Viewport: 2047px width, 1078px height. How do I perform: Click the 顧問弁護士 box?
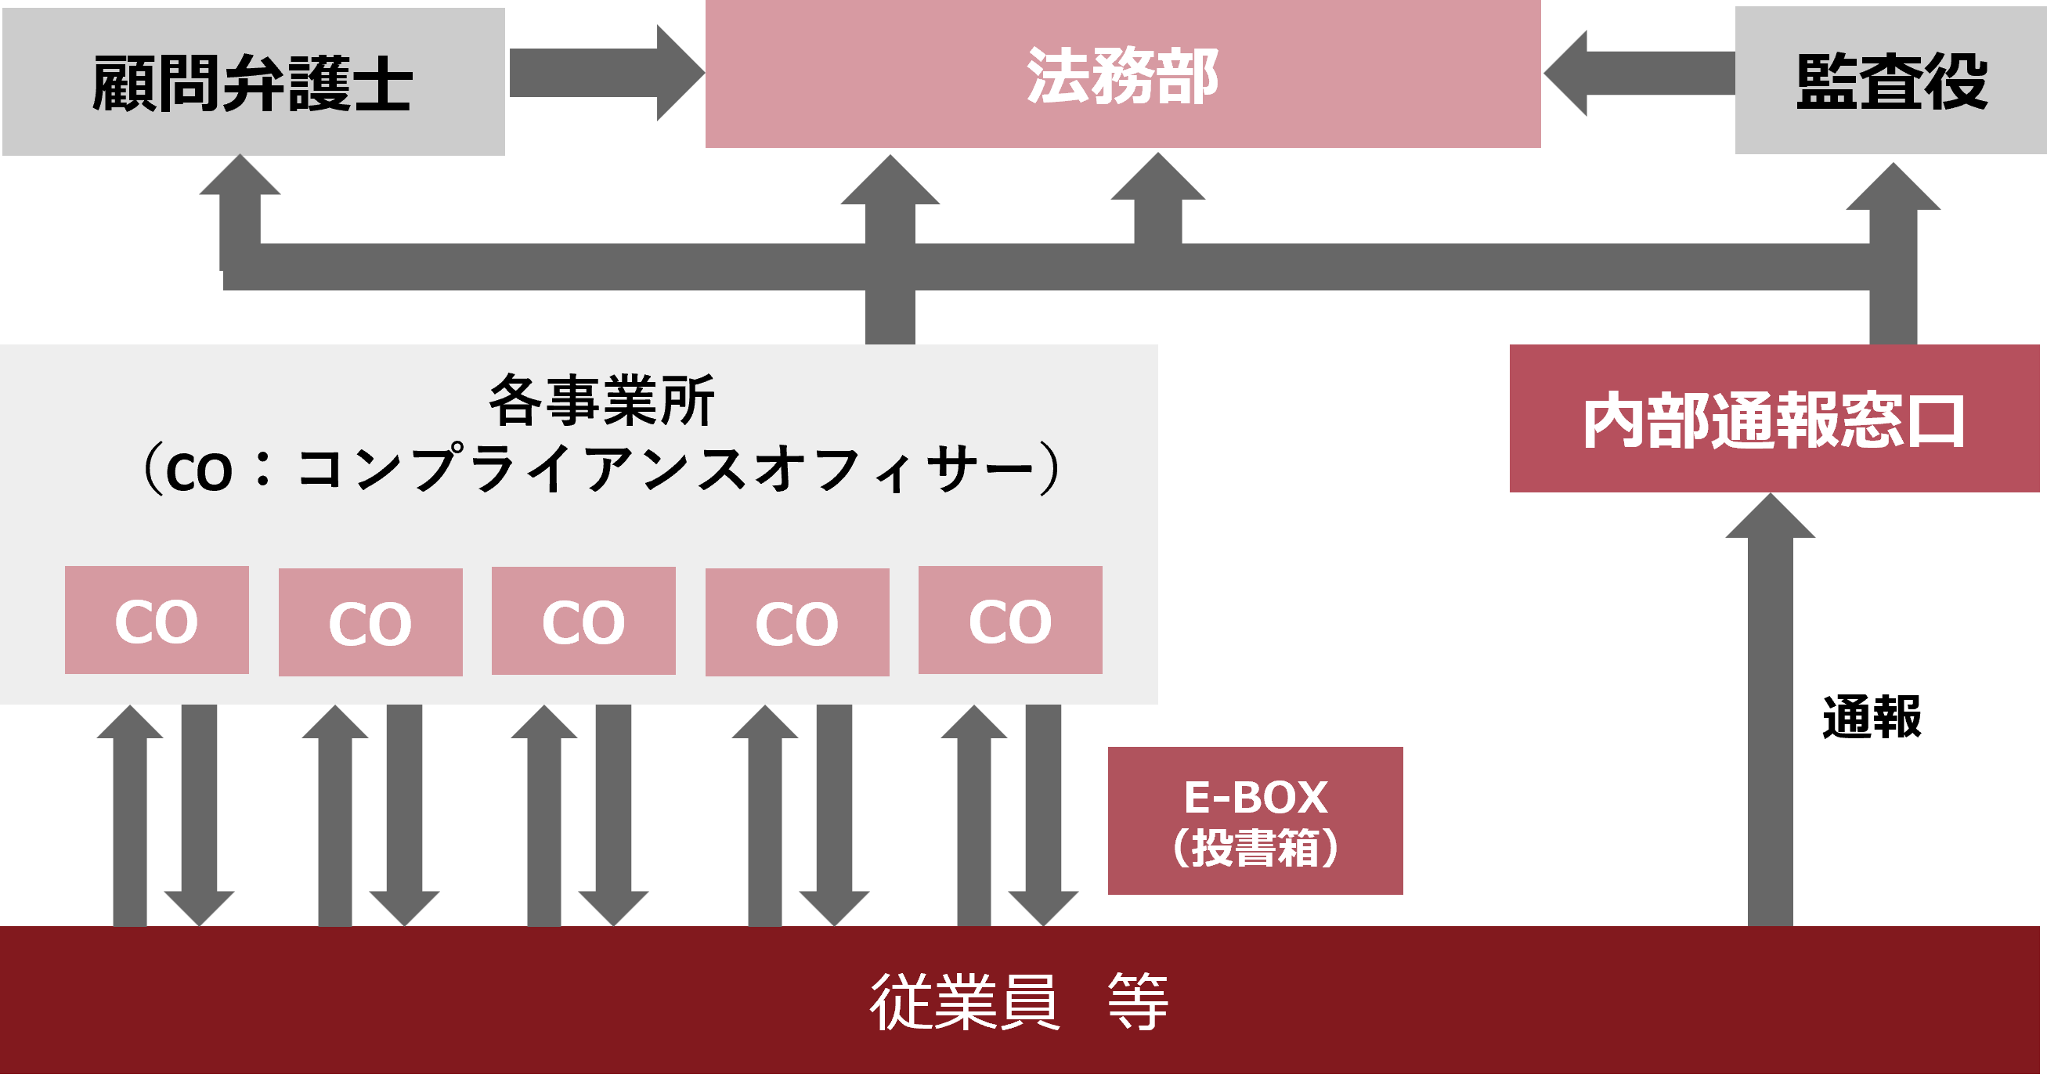coord(253,82)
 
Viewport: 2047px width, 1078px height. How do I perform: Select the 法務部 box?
coord(1122,74)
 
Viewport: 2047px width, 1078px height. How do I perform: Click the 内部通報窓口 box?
coord(1774,419)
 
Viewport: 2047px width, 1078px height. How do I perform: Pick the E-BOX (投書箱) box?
coord(1255,820)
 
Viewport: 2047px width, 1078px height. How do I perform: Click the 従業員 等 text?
coord(1019,1001)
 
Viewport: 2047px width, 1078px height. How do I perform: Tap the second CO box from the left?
coord(370,622)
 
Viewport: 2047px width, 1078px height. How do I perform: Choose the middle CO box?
coord(583,622)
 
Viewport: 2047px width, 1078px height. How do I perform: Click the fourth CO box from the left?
coord(797,622)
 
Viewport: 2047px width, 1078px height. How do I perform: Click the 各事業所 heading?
coord(601,401)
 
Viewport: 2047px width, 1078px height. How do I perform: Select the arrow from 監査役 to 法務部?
coord(1637,73)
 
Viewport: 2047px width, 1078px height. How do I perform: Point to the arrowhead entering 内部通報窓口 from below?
coord(1771,519)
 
